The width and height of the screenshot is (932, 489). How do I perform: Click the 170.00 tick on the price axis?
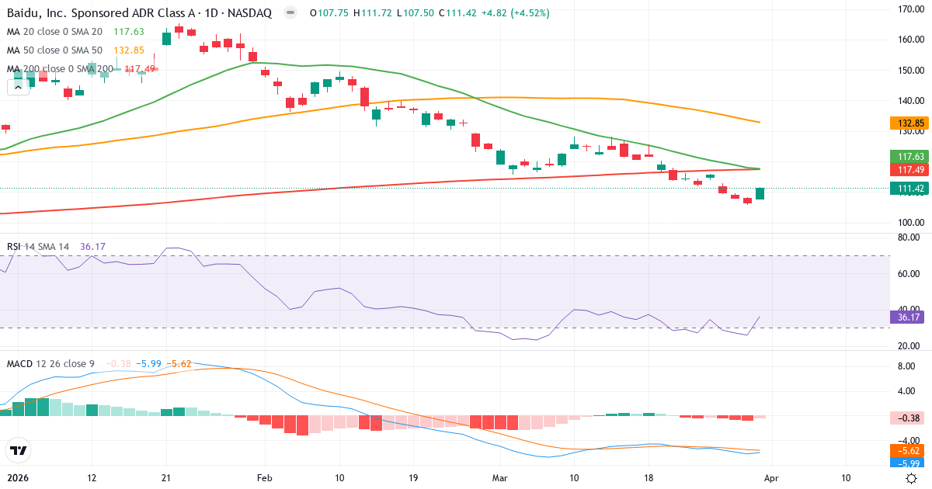909,9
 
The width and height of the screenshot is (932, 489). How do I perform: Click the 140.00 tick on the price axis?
909,100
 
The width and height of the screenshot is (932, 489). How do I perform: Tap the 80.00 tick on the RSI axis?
909,238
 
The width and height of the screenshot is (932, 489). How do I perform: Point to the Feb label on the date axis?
266,478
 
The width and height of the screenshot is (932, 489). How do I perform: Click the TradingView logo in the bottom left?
18,450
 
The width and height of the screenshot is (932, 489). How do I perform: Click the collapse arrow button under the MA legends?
18,87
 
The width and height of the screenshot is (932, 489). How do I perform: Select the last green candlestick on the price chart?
760,193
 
